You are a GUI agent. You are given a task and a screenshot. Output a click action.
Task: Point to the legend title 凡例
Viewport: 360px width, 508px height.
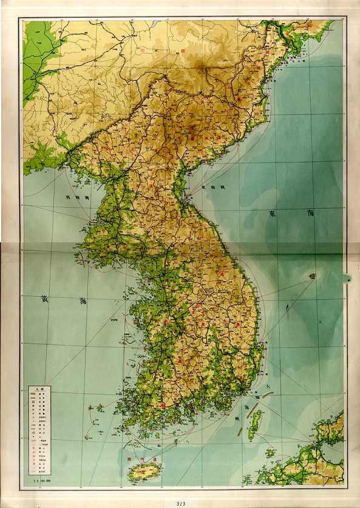pos(38,389)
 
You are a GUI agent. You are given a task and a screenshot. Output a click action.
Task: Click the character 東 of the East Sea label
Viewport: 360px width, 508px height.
pos(273,213)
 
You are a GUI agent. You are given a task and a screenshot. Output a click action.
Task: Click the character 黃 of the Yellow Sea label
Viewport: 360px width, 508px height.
pos(44,298)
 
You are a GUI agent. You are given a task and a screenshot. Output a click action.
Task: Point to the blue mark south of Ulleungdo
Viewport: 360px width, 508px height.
pos(287,313)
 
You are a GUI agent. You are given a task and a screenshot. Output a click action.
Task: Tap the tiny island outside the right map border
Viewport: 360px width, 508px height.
pos(350,279)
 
